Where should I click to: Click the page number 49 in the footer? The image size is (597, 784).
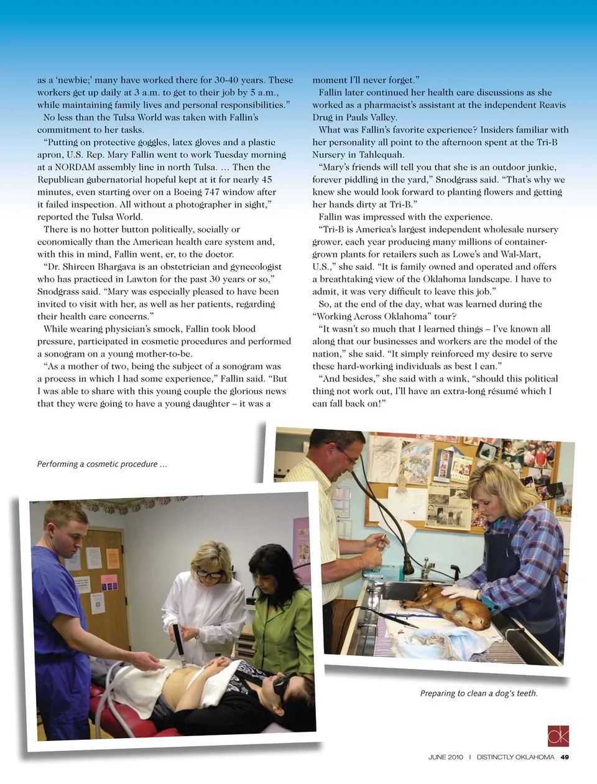[x=565, y=757]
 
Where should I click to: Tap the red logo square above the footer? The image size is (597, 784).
[x=558, y=735]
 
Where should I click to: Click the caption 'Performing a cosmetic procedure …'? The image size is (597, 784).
[x=102, y=464]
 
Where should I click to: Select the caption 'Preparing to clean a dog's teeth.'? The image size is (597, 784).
[x=479, y=693]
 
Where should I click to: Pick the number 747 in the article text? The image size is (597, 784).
[x=212, y=192]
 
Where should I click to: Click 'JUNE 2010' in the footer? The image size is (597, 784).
[x=445, y=757]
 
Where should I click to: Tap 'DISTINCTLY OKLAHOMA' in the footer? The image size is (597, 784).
[x=515, y=757]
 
